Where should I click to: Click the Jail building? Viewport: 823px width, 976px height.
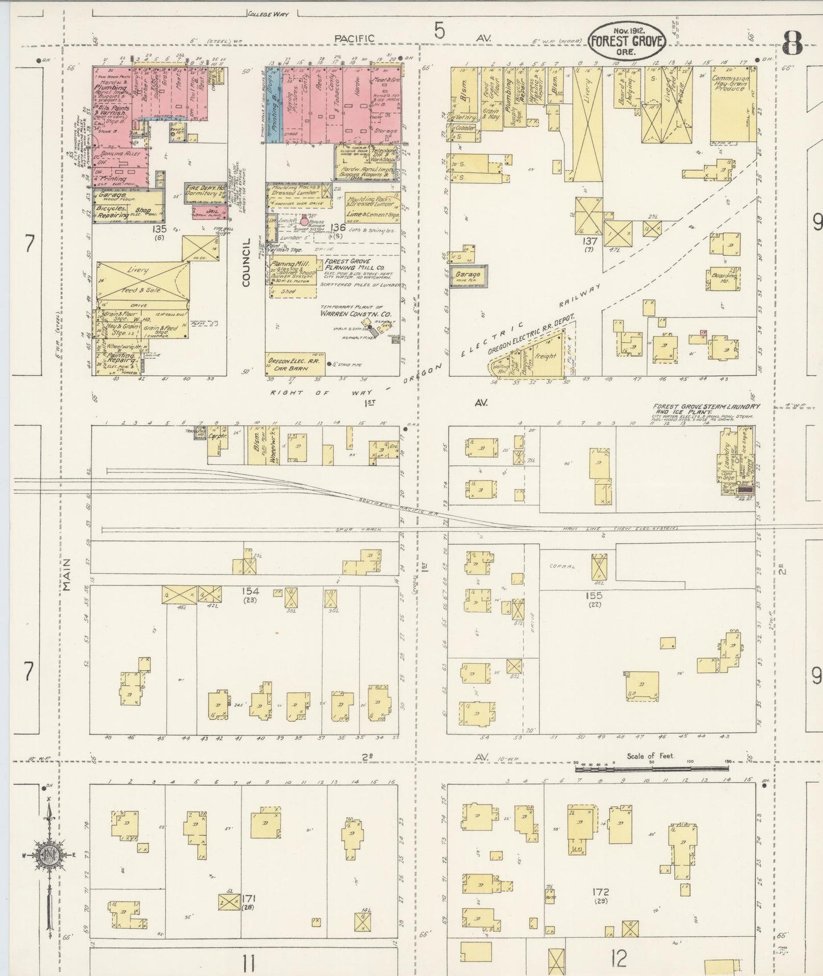point(210,214)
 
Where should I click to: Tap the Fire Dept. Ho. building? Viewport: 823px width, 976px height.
point(204,192)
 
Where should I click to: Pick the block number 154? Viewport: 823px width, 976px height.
point(250,591)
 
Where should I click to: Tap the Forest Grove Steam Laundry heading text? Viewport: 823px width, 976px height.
point(706,408)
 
